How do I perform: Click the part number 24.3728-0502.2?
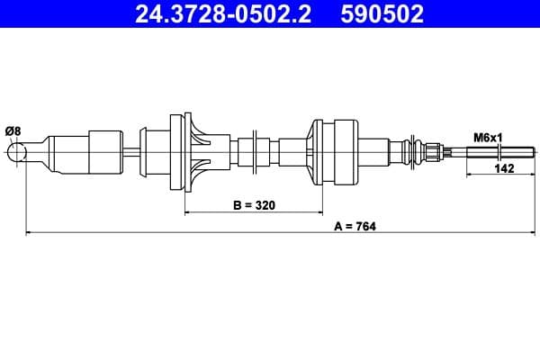coord(222,13)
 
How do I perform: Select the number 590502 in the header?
coord(381,13)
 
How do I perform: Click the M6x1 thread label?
coord(487,138)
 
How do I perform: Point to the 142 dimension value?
coord(504,169)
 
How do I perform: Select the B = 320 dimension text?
coord(253,205)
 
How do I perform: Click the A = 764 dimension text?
coord(354,226)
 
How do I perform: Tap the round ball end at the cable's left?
coord(17,153)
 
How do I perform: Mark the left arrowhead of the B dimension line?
coord(188,213)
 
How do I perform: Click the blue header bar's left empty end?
coord(54,13)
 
